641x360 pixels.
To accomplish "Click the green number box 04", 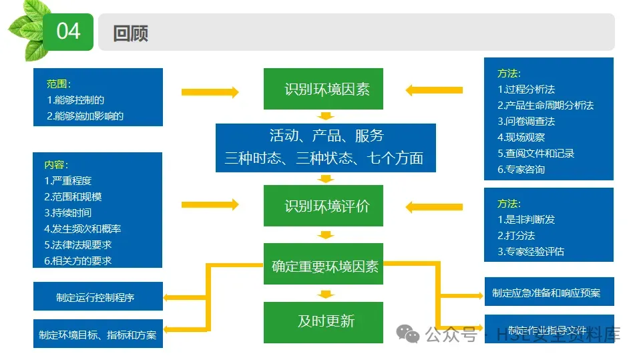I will tap(68, 31).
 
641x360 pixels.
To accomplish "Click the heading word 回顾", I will tap(130, 33).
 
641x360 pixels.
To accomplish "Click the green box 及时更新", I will tap(325, 321).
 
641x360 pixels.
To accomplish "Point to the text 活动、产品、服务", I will tap(326, 136).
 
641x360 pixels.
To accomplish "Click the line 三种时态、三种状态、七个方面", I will tap(325, 158).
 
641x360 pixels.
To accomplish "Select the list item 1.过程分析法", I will tap(526, 89).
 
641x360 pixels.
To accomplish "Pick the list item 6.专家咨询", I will tap(521, 169).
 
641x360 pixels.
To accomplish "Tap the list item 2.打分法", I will tap(516, 235).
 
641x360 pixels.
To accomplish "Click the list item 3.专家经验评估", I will tap(531, 251).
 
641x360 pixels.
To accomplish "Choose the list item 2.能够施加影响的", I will tap(85, 116).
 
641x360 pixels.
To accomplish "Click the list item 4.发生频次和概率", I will tap(82, 228).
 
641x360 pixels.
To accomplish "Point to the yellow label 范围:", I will tap(58, 84).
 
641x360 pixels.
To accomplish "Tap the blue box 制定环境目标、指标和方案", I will tap(97, 335).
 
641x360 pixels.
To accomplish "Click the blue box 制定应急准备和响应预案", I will tap(546, 293).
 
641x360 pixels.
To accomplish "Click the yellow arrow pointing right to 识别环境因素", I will tap(210, 92).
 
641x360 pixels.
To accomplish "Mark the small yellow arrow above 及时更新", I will tap(325, 294).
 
